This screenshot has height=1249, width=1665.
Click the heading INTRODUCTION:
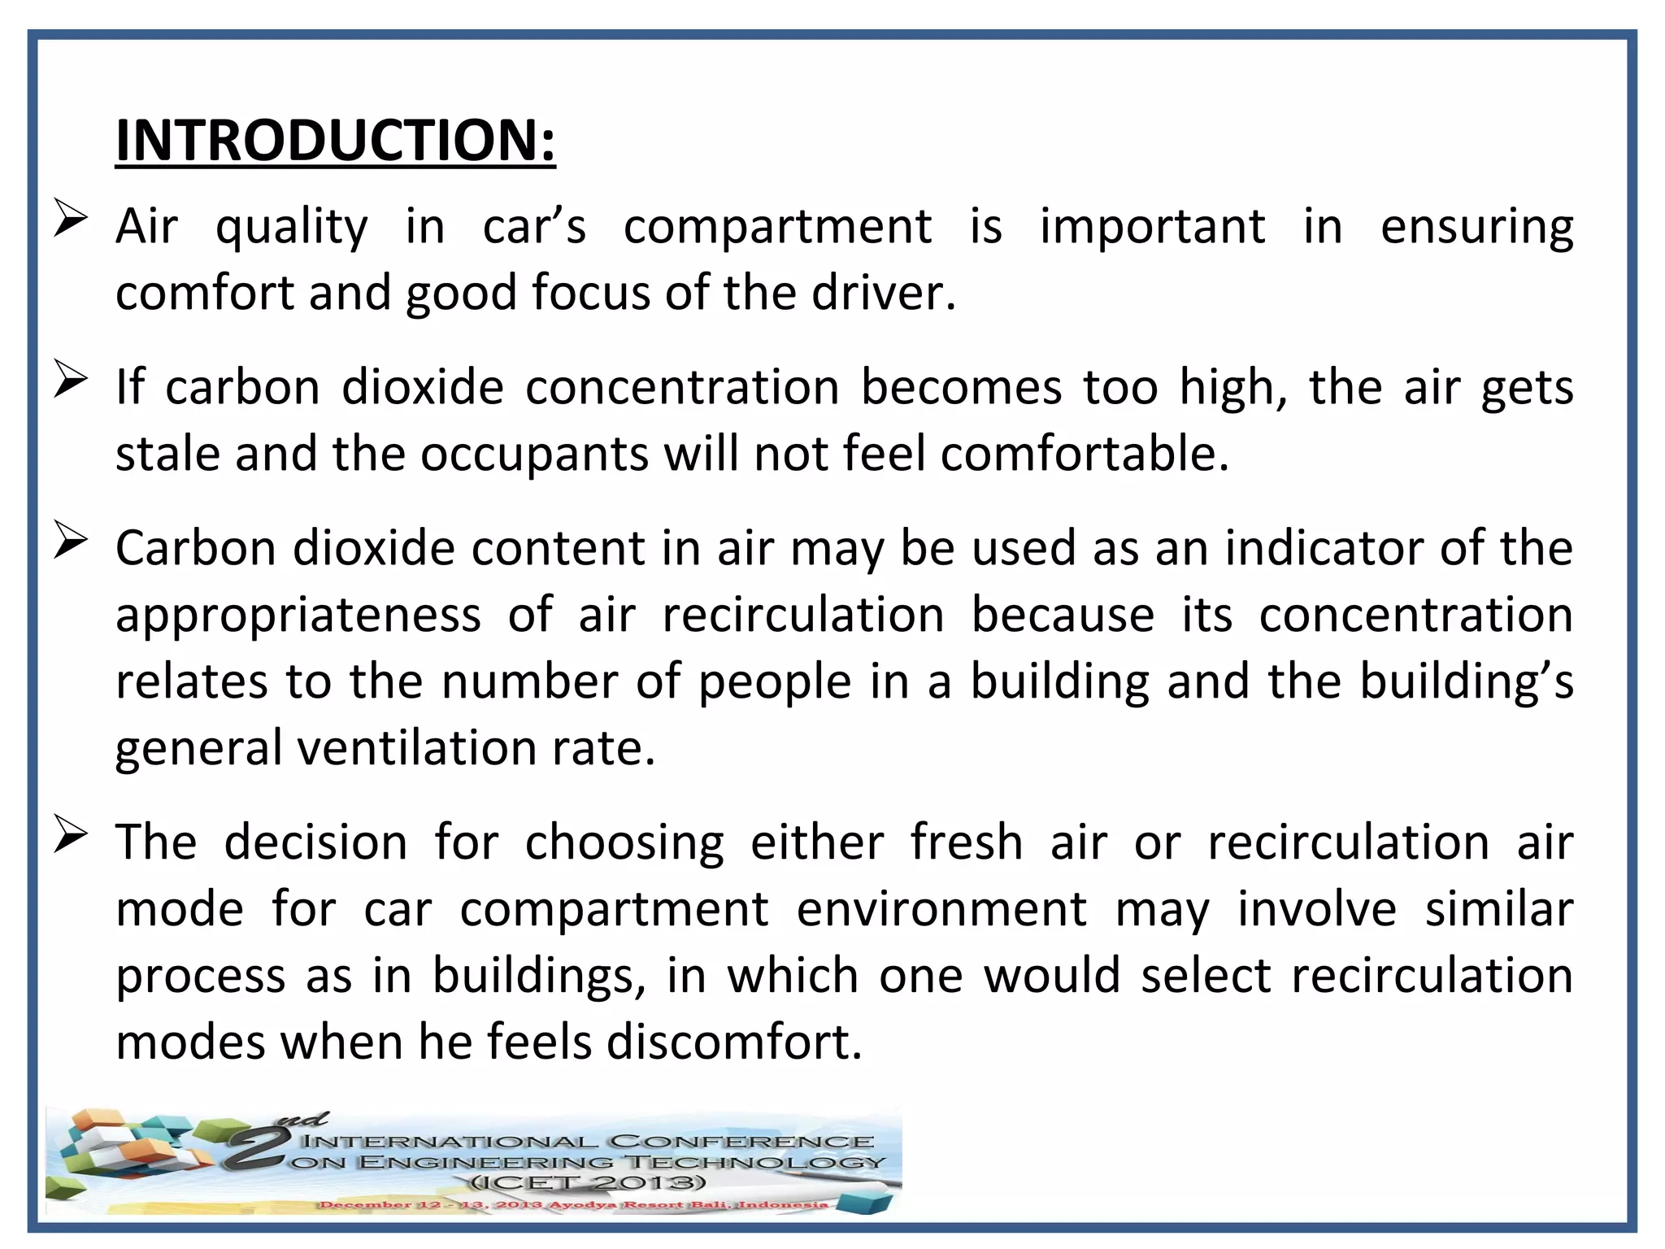(x=335, y=141)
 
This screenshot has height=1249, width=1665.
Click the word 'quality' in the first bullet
(x=291, y=228)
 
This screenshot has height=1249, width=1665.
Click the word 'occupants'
(x=534, y=455)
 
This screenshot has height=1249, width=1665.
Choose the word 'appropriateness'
(x=298, y=616)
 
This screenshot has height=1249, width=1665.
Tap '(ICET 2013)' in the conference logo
(x=587, y=1183)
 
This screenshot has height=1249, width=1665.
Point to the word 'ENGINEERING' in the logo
(x=485, y=1163)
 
